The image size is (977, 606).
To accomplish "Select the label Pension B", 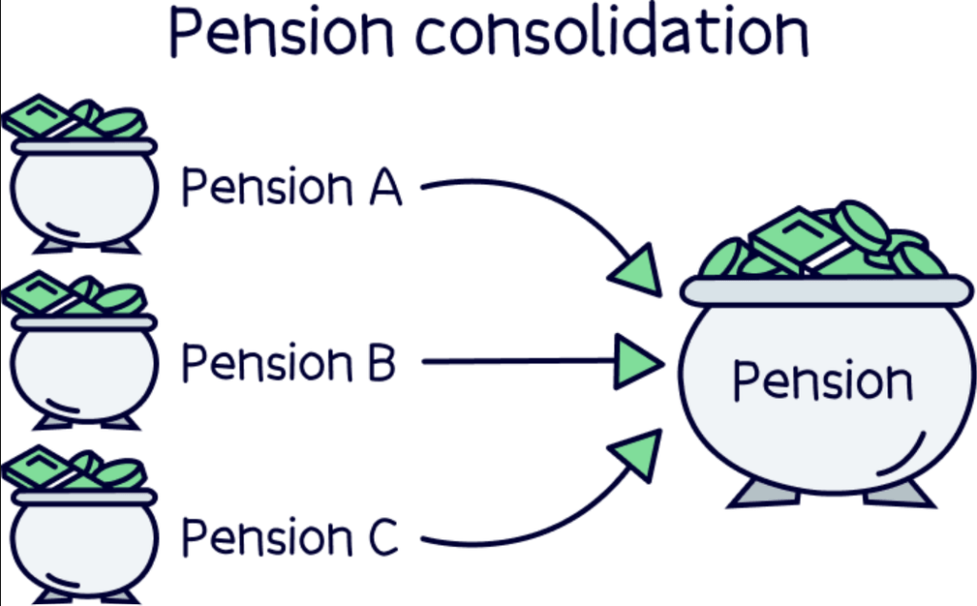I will tap(288, 363).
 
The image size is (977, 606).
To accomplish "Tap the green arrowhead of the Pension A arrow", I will tap(638, 268).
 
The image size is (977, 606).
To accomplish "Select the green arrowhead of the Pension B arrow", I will tap(637, 362).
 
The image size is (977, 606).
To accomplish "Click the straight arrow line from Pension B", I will tap(515, 362).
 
